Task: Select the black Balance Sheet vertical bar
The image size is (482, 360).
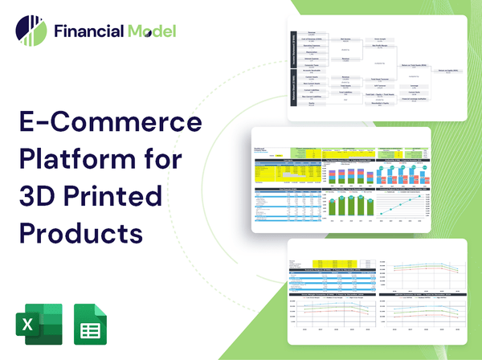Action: coord(292,92)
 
